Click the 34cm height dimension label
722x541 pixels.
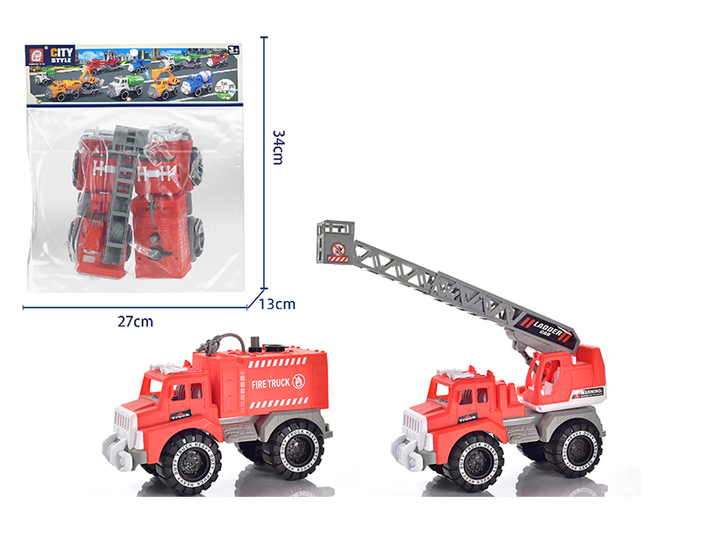(279, 147)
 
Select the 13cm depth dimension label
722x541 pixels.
(278, 304)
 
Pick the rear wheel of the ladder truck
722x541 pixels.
(574, 446)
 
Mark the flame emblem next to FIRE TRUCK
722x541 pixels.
(301, 381)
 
